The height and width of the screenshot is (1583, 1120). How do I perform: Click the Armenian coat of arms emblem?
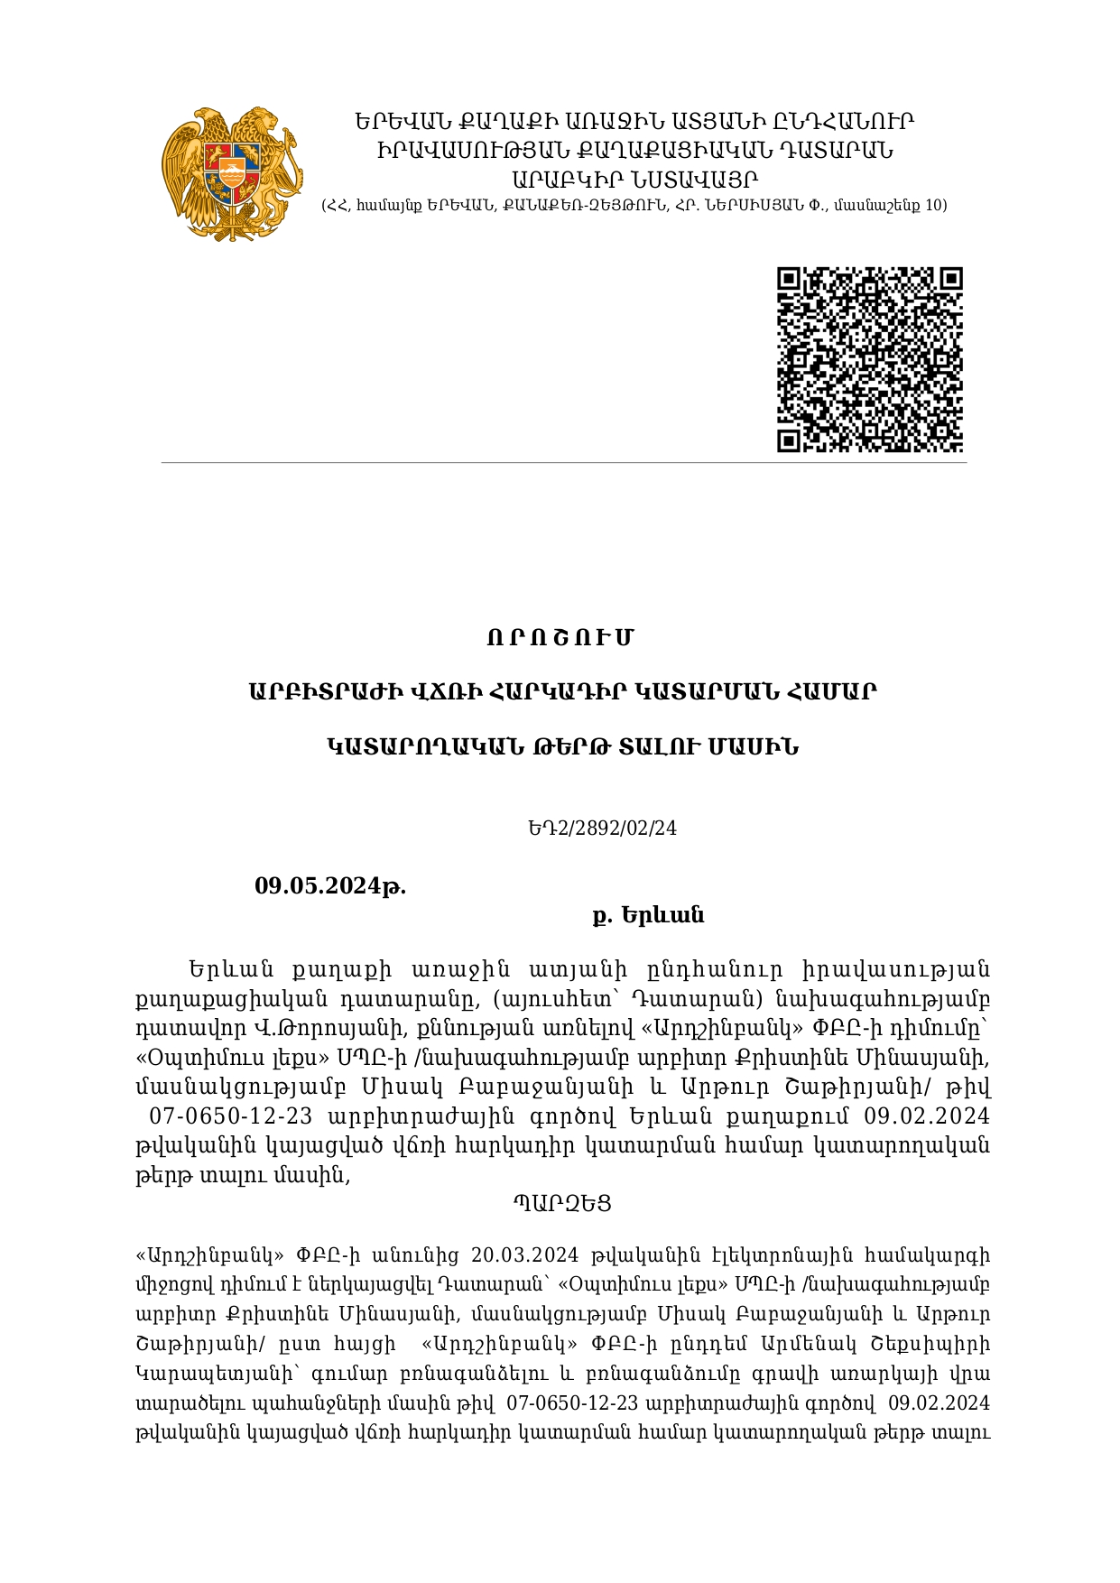point(233,173)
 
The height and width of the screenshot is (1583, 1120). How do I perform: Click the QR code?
point(870,359)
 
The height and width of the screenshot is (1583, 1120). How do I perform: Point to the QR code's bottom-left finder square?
point(789,440)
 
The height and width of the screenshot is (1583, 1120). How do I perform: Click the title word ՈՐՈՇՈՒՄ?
point(560,638)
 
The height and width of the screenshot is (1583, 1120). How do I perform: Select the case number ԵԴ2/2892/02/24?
point(603,828)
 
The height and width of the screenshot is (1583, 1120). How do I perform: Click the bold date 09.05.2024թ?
point(330,885)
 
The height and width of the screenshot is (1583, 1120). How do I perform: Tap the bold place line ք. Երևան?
point(648,915)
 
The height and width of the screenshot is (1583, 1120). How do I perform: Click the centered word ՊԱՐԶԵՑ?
point(562,1203)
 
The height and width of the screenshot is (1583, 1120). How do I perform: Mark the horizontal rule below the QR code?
point(563,463)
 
